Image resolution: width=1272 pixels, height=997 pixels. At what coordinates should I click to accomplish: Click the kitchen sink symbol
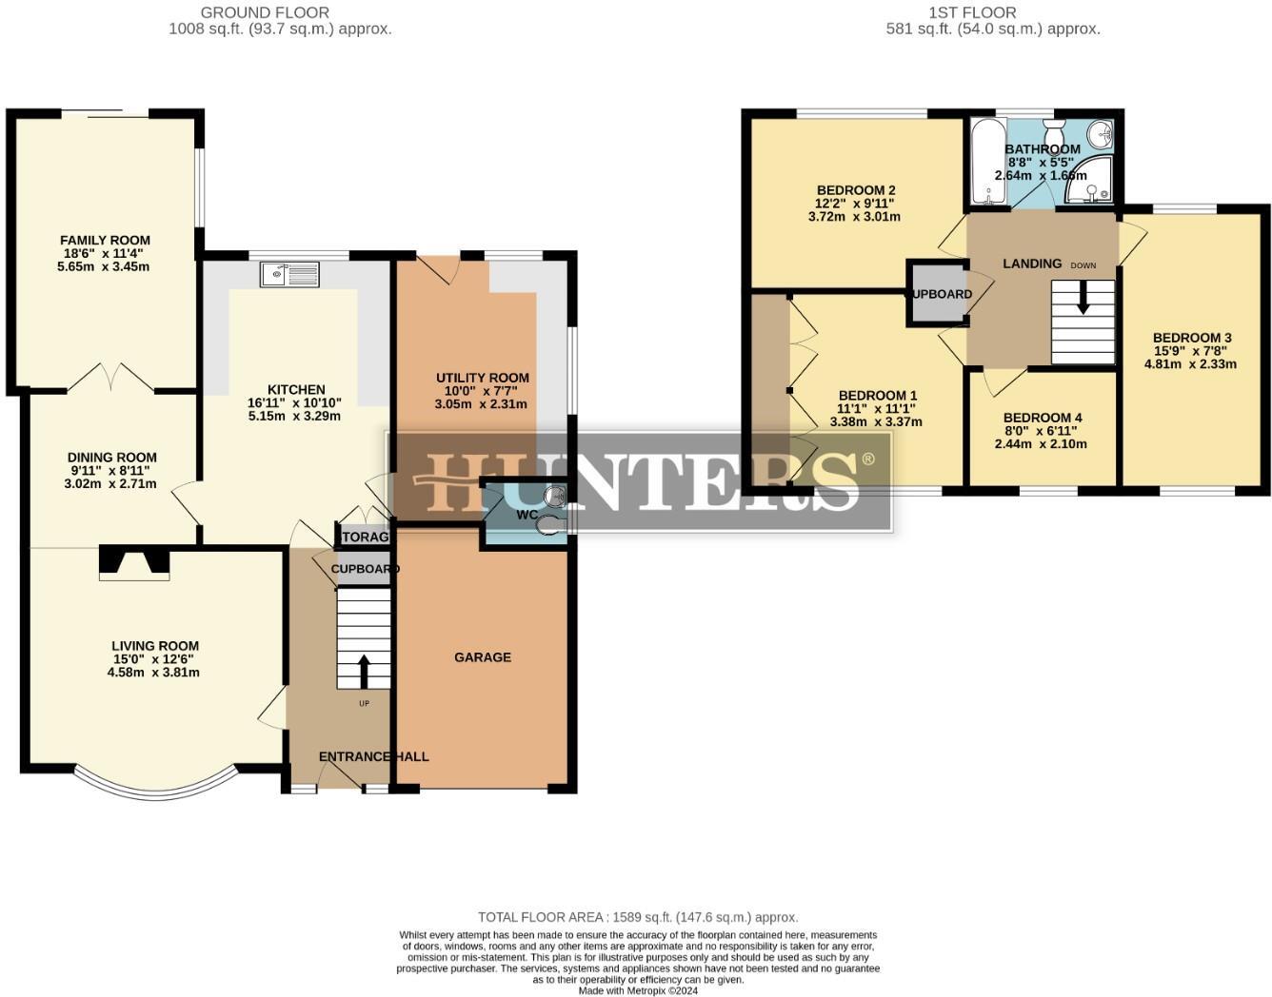(x=289, y=274)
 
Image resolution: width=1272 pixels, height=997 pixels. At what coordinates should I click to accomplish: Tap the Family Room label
(x=105, y=241)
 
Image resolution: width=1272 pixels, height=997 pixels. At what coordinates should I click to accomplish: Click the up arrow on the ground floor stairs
(x=364, y=670)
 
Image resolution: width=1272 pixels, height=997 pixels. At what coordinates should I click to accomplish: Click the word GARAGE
(x=483, y=657)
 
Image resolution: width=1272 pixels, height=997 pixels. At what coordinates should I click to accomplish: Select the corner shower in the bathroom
(x=1090, y=182)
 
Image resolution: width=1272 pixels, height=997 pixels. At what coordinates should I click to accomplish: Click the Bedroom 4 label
(x=1043, y=418)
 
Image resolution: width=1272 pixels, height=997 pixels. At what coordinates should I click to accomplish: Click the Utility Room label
(x=483, y=378)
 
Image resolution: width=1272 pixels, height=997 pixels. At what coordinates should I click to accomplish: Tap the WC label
(x=527, y=515)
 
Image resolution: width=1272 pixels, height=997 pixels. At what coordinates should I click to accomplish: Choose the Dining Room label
(x=111, y=458)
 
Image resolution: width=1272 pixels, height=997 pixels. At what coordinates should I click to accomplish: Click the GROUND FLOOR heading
(x=265, y=12)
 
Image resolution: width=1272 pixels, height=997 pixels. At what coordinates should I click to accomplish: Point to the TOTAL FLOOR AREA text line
(x=638, y=917)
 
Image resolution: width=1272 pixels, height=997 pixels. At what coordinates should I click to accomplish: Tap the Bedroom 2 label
(x=855, y=190)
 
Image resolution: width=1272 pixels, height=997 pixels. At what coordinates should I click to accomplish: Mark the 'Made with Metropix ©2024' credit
(x=638, y=990)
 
